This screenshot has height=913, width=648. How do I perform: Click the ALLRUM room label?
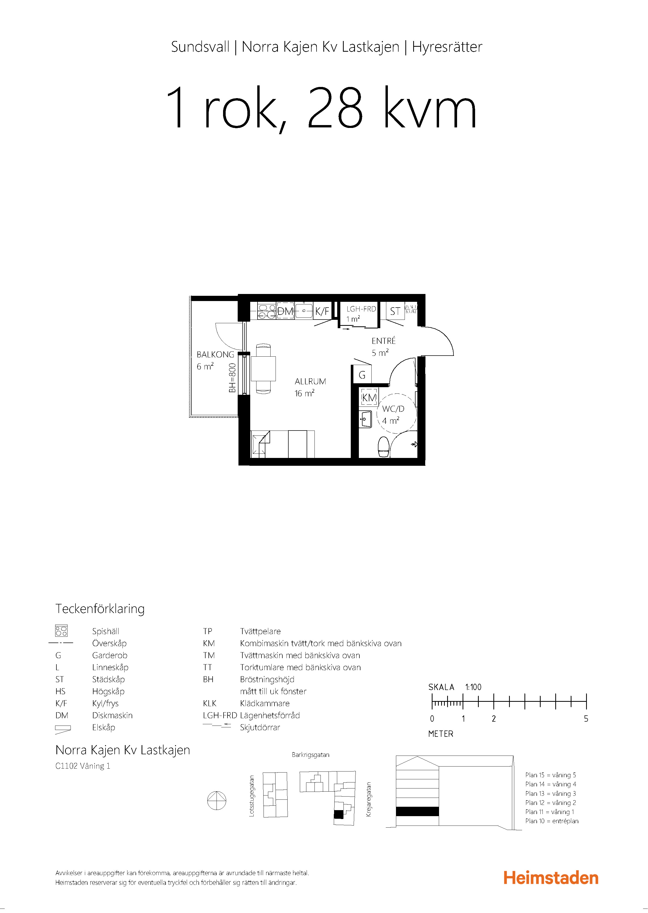310,381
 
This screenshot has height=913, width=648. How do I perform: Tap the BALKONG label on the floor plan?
215,354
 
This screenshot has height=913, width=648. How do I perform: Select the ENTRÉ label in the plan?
383,341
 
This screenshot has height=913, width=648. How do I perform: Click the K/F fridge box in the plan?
322,311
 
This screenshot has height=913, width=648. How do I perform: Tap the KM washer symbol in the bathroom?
369,397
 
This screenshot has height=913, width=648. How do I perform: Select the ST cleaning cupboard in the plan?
395,311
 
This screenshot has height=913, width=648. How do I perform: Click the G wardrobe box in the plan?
362,375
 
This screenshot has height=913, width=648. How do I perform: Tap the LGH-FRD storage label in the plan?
361,309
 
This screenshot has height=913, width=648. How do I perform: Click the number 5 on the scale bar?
586,718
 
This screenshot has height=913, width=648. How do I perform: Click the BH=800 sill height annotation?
232,378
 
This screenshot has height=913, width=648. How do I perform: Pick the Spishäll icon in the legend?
61,631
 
